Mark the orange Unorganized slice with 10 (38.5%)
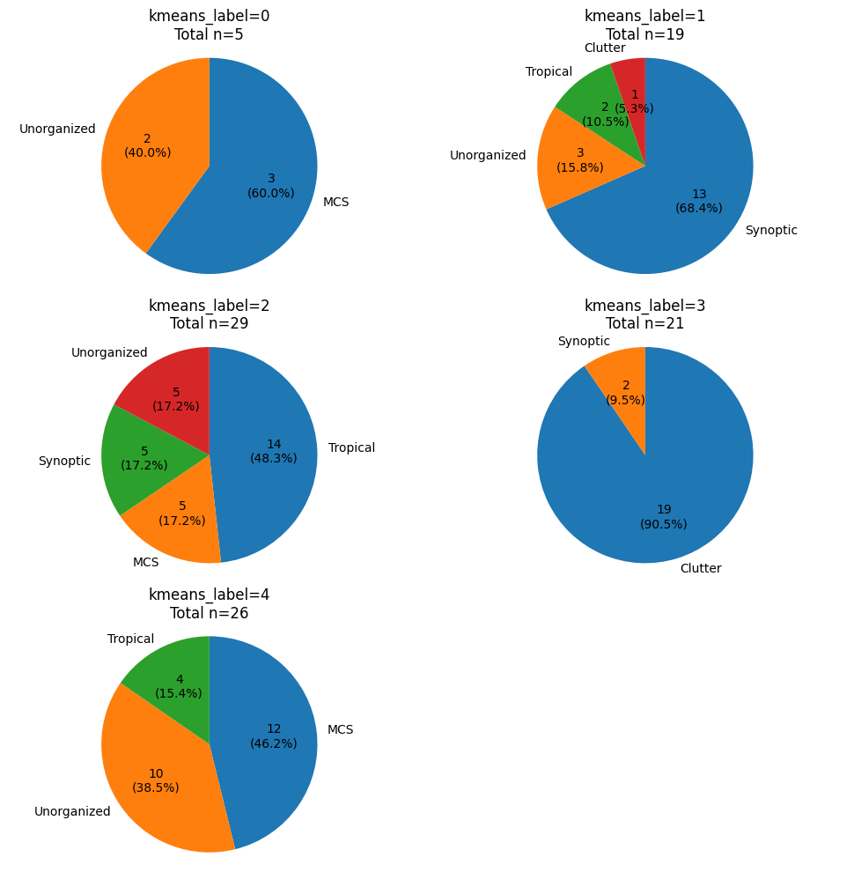tap(154, 784)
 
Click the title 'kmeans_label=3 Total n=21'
tap(645, 314)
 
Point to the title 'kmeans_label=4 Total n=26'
tap(210, 603)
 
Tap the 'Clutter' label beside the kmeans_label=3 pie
tap(701, 568)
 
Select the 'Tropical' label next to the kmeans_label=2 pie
tap(351, 447)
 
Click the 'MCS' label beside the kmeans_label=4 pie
tap(340, 729)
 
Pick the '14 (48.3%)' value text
tap(274, 451)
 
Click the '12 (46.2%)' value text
tap(274, 735)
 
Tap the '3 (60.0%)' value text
tap(271, 185)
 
